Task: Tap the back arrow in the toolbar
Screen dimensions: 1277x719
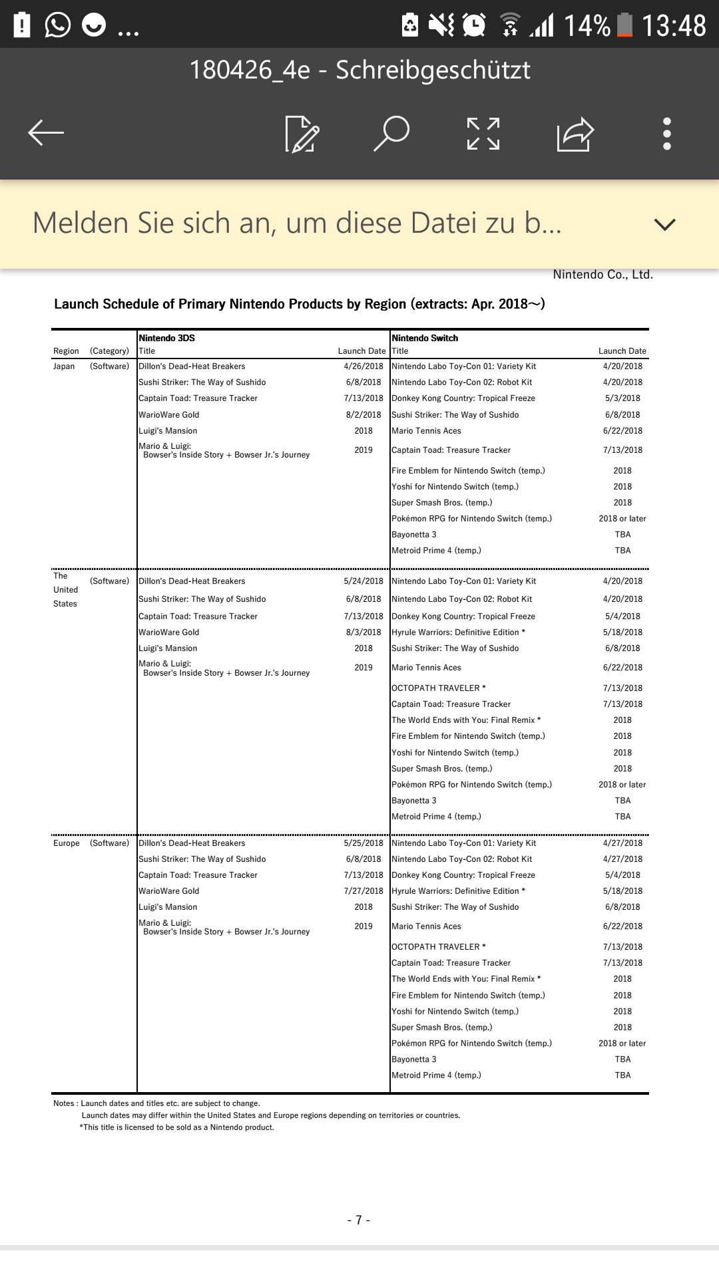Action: (46, 133)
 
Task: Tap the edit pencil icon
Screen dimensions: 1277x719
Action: (302, 134)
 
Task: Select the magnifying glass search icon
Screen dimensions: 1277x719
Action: (391, 133)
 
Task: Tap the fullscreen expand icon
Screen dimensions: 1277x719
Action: (483, 134)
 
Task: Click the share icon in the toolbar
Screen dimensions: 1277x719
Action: (575, 134)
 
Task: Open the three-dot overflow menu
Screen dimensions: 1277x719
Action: (667, 134)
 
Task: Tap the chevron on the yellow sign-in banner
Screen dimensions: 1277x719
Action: (664, 224)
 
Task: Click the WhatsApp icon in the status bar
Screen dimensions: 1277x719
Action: (58, 25)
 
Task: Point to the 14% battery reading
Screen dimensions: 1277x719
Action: (587, 26)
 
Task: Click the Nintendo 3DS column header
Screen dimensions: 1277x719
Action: (167, 338)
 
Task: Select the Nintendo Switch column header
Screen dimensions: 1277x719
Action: (425, 338)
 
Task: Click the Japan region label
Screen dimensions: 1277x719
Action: (64, 366)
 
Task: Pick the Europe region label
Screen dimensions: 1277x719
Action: (67, 843)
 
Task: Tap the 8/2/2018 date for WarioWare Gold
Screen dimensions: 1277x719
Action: (363, 415)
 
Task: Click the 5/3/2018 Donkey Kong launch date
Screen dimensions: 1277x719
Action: (622, 398)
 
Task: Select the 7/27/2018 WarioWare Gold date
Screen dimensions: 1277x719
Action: (363, 891)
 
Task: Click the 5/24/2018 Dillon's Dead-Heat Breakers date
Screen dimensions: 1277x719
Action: (363, 581)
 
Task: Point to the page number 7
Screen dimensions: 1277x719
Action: (359, 1220)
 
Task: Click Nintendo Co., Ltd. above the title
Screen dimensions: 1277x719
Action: (602, 275)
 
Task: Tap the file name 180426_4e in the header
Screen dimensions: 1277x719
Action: (250, 70)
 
